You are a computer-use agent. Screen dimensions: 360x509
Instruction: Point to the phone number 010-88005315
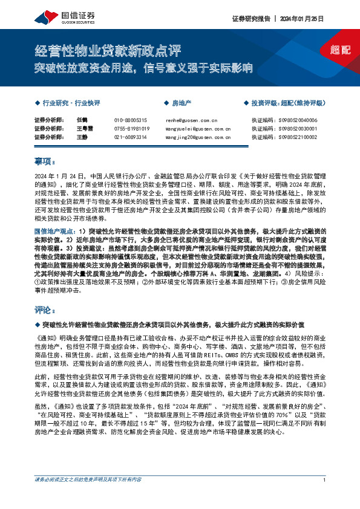pyautogui.click(x=131, y=120)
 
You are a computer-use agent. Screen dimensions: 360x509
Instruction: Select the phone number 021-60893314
pyautogui.click(x=131, y=137)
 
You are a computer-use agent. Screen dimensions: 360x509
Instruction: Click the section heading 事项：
pyautogui.click(x=45, y=161)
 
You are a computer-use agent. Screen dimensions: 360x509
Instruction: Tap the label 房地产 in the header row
pyautogui.click(x=181, y=103)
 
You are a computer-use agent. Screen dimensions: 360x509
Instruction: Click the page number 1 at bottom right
pyautogui.click(x=325, y=496)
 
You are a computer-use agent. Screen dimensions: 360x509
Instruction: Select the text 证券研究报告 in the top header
pyautogui.click(x=250, y=19)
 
